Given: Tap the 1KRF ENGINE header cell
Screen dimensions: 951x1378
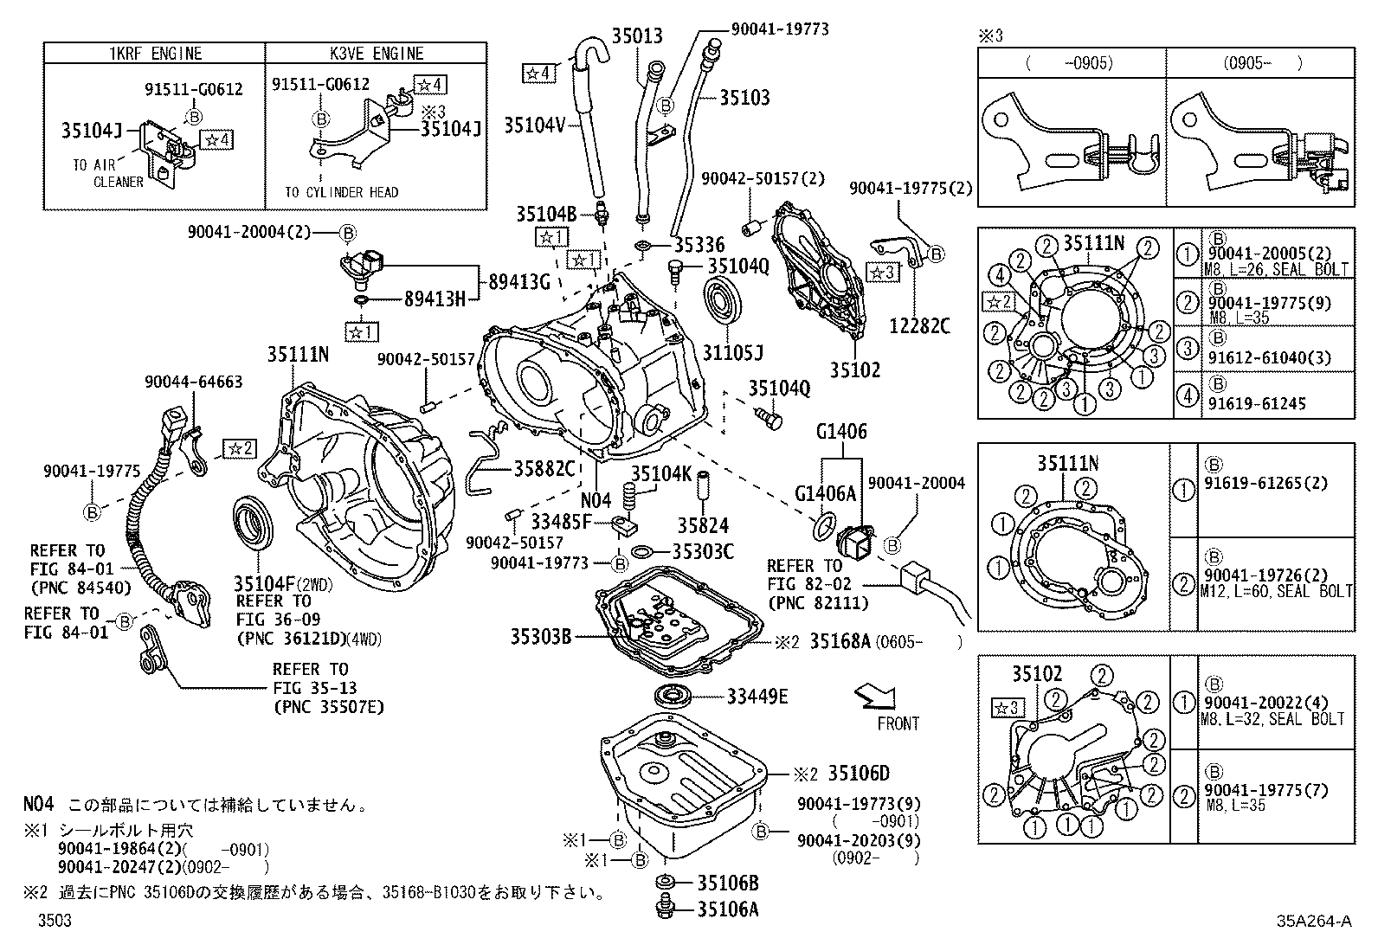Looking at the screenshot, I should coord(154,54).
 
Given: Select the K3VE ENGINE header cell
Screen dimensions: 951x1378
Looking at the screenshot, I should coord(376,54).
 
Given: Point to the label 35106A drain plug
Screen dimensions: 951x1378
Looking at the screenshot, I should coord(728,909).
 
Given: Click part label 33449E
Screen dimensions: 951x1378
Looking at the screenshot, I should coord(757,697).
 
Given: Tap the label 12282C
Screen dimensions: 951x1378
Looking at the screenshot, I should coord(919,326).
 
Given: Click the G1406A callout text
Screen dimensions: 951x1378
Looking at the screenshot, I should coord(825,494).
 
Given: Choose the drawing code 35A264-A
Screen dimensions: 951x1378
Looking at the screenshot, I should coord(1312,922).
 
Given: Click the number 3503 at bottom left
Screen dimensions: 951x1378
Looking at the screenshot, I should coord(54,922).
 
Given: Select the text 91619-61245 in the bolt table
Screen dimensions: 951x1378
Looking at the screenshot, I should coord(1257,404).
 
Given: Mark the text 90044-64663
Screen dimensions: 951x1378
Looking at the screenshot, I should coord(193,382).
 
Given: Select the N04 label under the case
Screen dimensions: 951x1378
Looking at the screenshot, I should coord(596,500).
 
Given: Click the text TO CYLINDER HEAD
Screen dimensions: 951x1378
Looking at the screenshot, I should coord(342,192).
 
